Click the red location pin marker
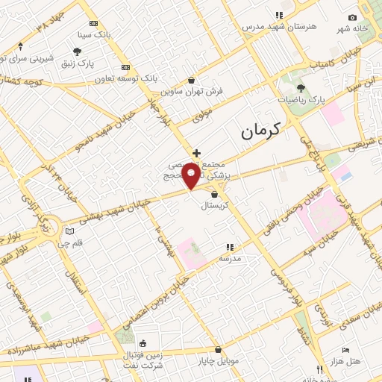[191, 176]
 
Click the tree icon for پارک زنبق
[77, 51]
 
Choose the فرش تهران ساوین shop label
[192, 92]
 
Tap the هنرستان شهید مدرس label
[278, 25]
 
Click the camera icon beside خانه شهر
[352, 17]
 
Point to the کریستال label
[218, 204]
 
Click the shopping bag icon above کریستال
[215, 194]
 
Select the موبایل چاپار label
[218, 360]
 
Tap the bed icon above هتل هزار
[345, 350]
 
